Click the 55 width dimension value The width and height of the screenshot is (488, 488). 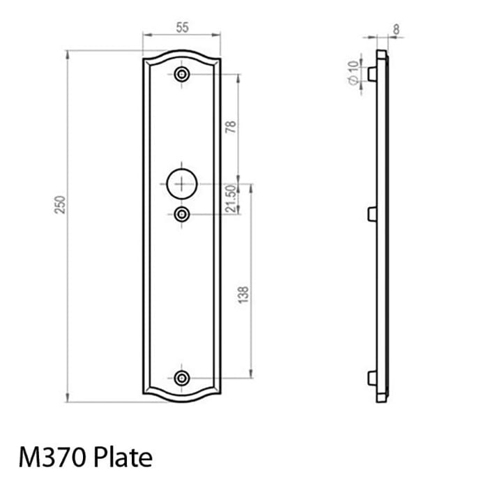click(182, 28)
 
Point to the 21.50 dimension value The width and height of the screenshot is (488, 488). click(231, 199)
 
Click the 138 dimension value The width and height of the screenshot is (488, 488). click(243, 294)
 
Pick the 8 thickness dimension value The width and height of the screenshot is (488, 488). click(396, 29)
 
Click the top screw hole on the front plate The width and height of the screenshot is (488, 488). click(182, 75)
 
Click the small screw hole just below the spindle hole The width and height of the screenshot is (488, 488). click(182, 214)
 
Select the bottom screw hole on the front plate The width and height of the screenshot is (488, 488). click(182, 378)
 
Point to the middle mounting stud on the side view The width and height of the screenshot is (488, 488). click(372, 213)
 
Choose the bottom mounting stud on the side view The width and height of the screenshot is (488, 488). click(372, 378)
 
